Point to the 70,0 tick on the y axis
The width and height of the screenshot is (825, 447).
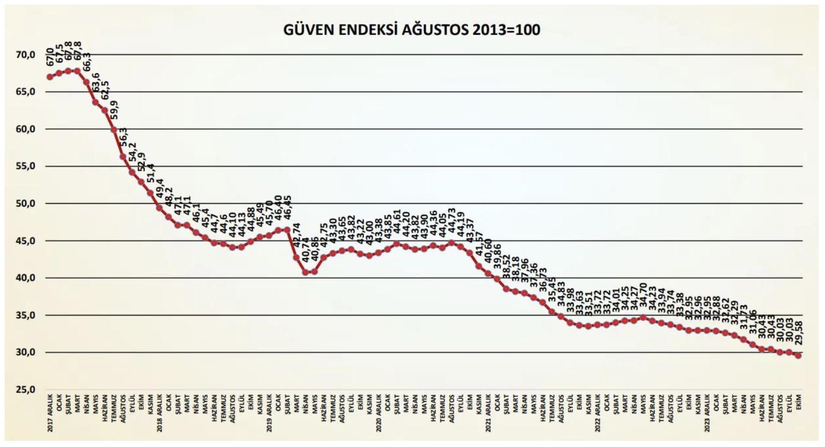(x=25, y=55)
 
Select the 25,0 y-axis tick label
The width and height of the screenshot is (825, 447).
(x=25, y=389)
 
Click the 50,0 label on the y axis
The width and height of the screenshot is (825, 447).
(x=25, y=203)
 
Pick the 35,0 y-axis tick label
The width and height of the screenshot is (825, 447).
(x=25, y=315)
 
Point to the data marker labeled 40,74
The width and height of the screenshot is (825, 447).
(x=305, y=272)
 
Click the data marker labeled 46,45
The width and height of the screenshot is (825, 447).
(x=287, y=230)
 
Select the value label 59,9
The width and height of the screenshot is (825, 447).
(x=114, y=110)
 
